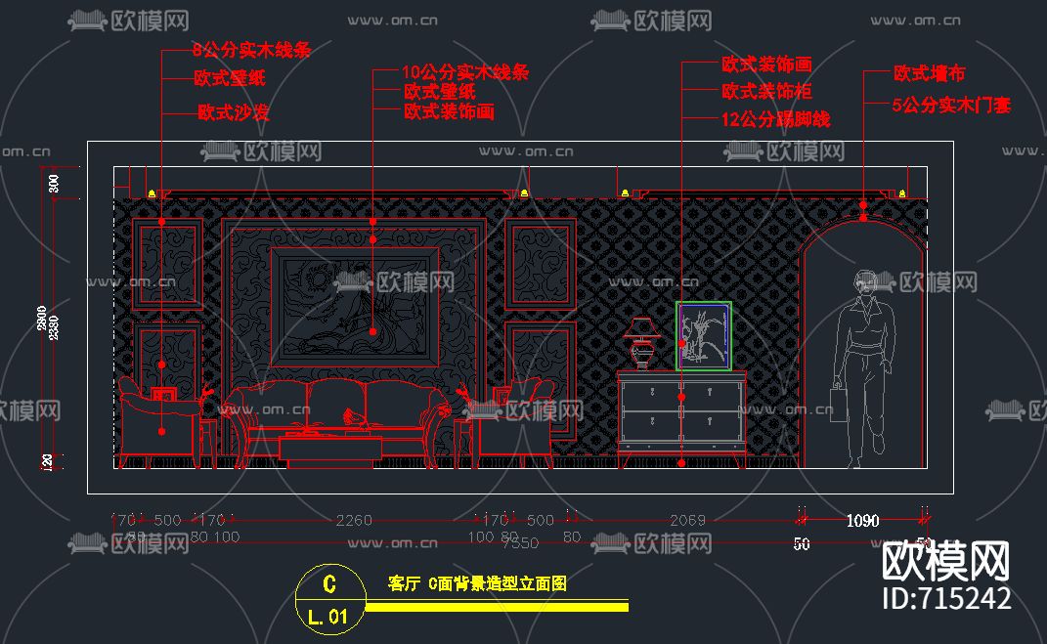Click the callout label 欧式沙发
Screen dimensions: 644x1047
coord(233,112)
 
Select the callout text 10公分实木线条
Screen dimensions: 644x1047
coord(465,71)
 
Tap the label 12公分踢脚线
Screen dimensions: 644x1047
coord(775,119)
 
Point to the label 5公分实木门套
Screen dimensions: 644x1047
coord(951,105)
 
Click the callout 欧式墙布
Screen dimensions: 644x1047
coord(930,73)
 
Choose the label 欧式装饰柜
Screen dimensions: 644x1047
coord(766,92)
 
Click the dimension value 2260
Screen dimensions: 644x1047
coord(353,520)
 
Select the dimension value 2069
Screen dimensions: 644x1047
coord(687,520)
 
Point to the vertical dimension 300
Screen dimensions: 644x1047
coord(55,181)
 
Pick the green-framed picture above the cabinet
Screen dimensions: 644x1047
coord(704,336)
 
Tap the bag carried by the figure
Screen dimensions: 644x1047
coord(839,400)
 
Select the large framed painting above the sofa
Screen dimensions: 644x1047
coord(354,306)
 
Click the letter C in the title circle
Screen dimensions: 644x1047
coord(329,584)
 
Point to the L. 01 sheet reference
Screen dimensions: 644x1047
coord(327,617)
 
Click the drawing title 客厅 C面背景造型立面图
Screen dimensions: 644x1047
coord(477,584)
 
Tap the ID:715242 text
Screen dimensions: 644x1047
coord(945,598)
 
